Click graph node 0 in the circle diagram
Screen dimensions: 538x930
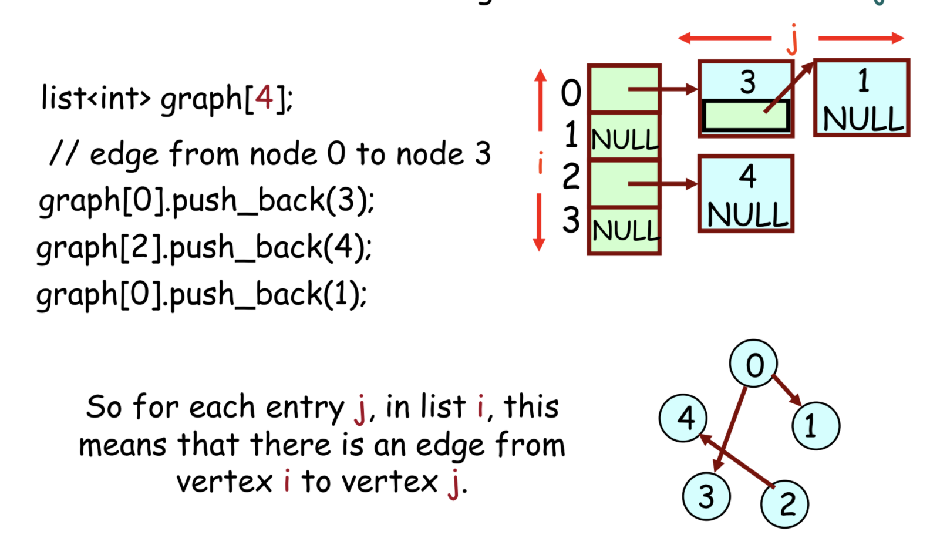pyautogui.click(x=753, y=364)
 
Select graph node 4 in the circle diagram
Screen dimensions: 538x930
pyautogui.click(x=683, y=418)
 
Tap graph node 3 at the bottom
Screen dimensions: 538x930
pyautogui.click(x=706, y=496)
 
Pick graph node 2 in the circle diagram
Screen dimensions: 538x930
pyautogui.click(x=784, y=504)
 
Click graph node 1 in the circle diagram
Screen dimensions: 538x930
pyautogui.click(x=816, y=426)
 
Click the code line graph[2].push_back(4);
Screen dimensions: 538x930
pyautogui.click(x=204, y=247)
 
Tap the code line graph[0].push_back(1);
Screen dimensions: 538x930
pyautogui.click(x=201, y=294)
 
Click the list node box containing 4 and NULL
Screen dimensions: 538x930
pyautogui.click(x=746, y=194)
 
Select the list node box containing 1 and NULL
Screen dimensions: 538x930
pyautogui.click(x=861, y=98)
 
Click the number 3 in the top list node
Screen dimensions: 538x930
pyautogui.click(x=747, y=82)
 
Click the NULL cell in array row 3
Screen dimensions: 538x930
pyautogui.click(x=624, y=230)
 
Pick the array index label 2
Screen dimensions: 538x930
pyautogui.click(x=571, y=176)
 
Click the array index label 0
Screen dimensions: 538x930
pyautogui.click(x=571, y=93)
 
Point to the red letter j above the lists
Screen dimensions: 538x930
pyautogui.click(x=793, y=38)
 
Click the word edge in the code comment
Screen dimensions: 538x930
pyautogui.click(x=124, y=154)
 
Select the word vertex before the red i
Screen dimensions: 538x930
pyautogui.click(x=224, y=482)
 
